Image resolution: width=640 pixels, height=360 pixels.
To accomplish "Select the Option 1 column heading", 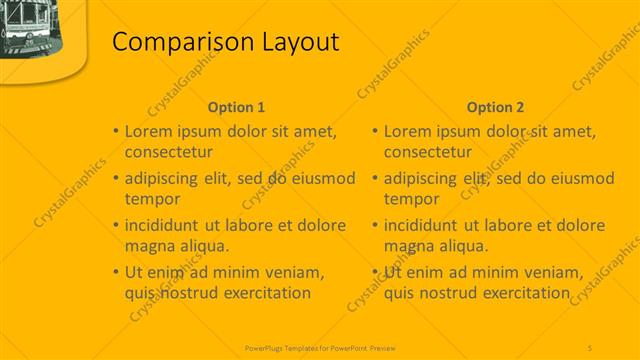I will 236,107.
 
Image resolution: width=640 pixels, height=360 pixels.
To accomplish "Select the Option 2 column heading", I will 495,107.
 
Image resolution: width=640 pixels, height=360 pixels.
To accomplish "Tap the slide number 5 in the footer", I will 590,346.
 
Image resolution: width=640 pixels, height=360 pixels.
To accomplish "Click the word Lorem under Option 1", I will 152,131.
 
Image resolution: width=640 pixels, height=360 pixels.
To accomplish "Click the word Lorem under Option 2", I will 411,131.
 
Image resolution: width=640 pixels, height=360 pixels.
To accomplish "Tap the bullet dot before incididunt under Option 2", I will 374,225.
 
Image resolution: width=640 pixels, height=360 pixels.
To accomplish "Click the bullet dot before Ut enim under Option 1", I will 115,272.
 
